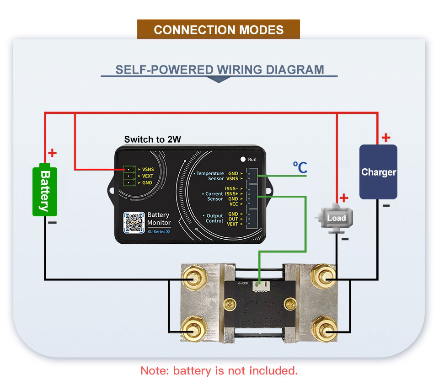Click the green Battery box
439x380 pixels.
point(45,191)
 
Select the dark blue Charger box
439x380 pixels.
point(378,172)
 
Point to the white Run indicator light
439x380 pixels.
point(243,159)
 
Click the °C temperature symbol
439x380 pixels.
point(300,167)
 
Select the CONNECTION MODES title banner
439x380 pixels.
point(219,30)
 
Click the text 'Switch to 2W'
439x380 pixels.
point(153,139)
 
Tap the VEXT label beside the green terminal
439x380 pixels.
point(148,176)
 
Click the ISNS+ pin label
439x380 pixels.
point(231,194)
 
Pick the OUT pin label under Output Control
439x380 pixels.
point(233,219)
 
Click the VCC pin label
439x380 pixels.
point(233,204)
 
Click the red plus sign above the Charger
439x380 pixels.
point(386,137)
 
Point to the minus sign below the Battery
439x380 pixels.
point(52,223)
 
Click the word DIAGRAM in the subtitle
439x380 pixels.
point(295,70)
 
